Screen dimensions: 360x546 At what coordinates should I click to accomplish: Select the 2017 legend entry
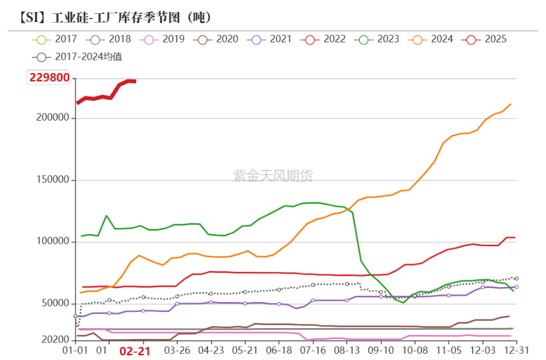pyautogui.click(x=54, y=39)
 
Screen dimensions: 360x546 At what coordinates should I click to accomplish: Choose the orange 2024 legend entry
pyautogui.click(x=431, y=39)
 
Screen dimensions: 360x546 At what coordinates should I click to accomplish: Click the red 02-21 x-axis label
pyautogui.click(x=134, y=351)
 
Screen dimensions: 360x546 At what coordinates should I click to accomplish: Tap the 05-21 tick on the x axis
pyautogui.click(x=245, y=351)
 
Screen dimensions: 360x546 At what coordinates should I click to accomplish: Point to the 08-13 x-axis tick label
pyautogui.click(x=347, y=351)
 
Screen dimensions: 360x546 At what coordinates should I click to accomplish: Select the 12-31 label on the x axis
pyautogui.click(x=516, y=351)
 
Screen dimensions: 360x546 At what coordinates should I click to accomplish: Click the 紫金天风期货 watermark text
pyautogui.click(x=272, y=176)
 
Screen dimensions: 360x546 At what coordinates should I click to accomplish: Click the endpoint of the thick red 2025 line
pyautogui.click(x=135, y=81)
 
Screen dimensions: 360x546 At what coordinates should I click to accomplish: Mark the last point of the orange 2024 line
pyautogui.click(x=511, y=104)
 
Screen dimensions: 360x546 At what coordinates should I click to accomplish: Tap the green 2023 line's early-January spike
pyautogui.click(x=106, y=216)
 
